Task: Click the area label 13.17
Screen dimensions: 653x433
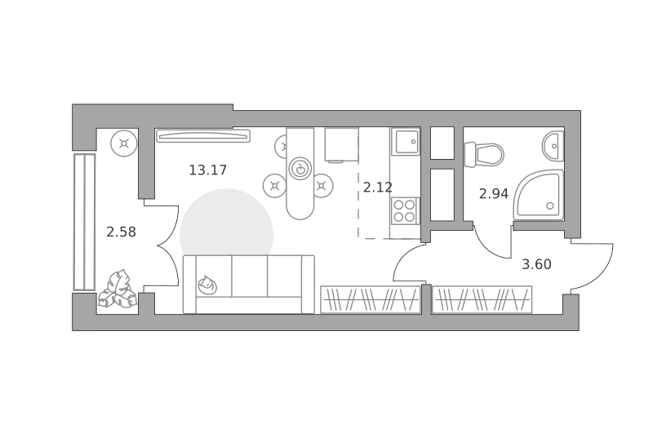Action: tap(208, 170)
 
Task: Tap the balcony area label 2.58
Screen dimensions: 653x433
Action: tap(121, 232)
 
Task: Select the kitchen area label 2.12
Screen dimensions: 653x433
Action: tap(378, 188)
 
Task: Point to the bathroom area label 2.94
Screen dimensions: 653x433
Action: tap(494, 194)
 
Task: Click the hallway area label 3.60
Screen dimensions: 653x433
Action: tap(536, 264)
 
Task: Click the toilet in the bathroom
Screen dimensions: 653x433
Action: tap(484, 154)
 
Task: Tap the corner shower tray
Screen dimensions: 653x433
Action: tap(539, 195)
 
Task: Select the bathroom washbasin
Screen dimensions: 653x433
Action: tap(553, 146)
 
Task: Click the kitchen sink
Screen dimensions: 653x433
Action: tap(405, 141)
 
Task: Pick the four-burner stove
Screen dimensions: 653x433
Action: tap(405, 211)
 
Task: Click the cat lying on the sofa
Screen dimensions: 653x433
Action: tap(207, 285)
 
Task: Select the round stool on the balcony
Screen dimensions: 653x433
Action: tap(124, 144)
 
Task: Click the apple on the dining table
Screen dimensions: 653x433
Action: tap(300, 169)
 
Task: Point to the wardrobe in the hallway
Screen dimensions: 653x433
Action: tap(482, 299)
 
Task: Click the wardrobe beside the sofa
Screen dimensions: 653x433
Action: tap(371, 299)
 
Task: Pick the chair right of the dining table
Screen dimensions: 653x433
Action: tap(322, 185)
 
